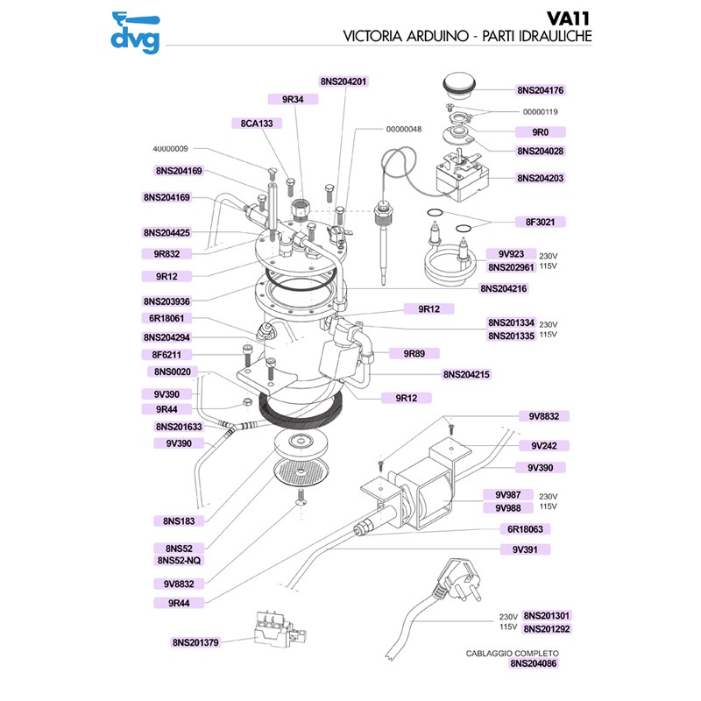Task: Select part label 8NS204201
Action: (x=343, y=81)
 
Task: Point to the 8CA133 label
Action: (x=257, y=124)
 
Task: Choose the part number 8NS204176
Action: (x=541, y=90)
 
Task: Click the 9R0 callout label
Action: (x=541, y=131)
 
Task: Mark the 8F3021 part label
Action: (x=541, y=222)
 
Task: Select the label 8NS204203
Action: (x=541, y=178)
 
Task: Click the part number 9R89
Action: (x=414, y=354)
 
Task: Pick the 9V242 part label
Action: (x=541, y=445)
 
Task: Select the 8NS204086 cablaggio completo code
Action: (x=534, y=664)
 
